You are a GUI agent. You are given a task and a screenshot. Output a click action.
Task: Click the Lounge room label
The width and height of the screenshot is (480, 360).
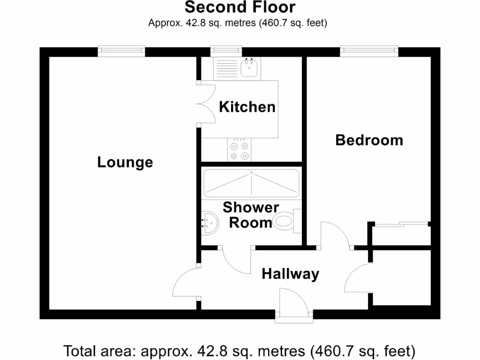[x=125, y=162]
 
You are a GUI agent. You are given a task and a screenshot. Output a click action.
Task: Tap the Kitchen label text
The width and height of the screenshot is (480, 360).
[x=247, y=107]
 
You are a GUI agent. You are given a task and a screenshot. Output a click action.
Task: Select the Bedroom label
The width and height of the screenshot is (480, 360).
[x=369, y=140]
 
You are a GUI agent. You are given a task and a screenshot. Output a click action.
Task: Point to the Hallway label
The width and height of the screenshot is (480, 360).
[x=290, y=273]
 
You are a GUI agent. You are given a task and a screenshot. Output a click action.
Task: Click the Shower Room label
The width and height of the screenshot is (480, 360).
[x=251, y=215]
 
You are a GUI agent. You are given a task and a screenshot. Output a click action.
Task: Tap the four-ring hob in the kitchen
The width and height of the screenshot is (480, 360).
[x=239, y=150]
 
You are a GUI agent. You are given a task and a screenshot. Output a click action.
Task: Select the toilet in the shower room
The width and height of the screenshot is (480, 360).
[x=284, y=221]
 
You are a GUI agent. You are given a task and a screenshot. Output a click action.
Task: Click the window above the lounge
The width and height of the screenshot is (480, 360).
[x=121, y=51]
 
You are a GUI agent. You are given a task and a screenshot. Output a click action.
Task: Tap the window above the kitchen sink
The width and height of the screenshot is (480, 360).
[x=226, y=51]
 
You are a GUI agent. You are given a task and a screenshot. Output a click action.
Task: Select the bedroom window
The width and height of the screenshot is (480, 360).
[x=369, y=51]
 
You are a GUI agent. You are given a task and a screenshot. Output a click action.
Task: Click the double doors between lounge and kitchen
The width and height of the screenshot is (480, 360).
[x=206, y=104]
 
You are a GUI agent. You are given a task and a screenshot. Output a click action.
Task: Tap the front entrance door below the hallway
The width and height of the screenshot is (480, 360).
[x=293, y=305]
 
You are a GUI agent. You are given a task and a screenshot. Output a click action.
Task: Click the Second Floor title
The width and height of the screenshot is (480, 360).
[x=240, y=7]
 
